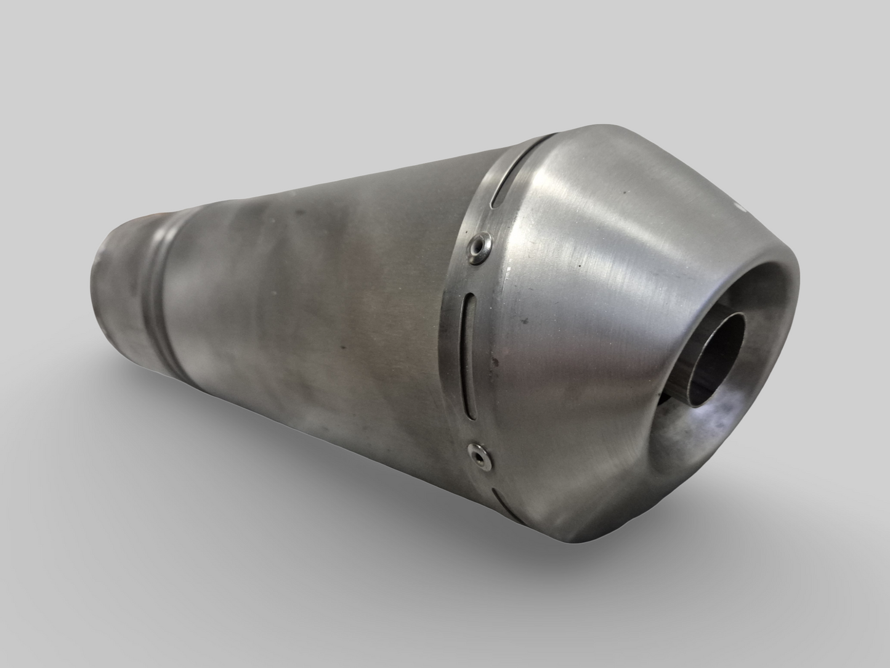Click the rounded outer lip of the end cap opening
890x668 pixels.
pos(795,320)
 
